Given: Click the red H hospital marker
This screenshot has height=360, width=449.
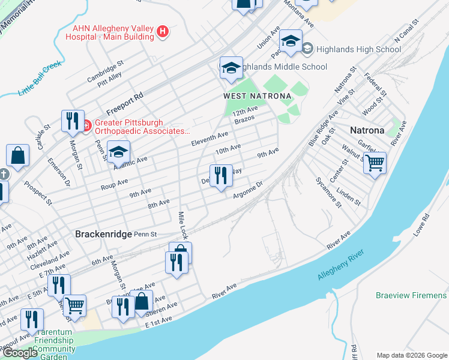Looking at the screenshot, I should (162, 31).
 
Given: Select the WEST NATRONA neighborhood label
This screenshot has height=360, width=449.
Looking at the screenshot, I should (257, 96).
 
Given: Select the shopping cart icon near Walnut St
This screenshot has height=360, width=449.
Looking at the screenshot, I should (375, 162).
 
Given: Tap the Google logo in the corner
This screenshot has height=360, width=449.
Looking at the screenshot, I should (20, 353).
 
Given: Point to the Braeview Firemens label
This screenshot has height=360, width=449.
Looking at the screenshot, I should (411, 295).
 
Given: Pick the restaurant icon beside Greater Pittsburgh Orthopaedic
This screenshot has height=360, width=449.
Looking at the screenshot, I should (71, 121).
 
